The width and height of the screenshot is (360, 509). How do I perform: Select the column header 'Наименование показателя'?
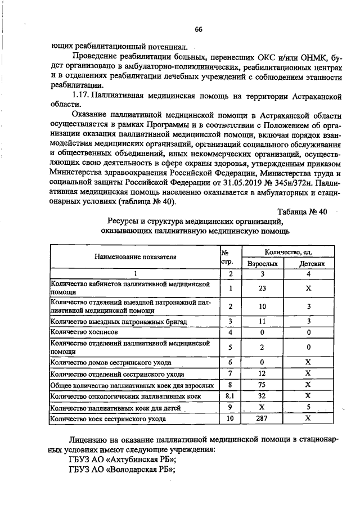click(x=135, y=256)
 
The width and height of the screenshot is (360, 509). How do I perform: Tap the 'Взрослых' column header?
click(x=262, y=263)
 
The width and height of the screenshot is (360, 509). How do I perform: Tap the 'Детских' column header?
click(x=308, y=263)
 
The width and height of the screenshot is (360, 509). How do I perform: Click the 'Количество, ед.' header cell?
click(x=285, y=251)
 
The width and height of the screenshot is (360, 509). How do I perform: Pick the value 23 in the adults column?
click(x=262, y=289)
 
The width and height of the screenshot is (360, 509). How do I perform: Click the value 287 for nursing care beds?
click(x=262, y=418)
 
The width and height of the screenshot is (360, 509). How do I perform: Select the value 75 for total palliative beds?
click(x=262, y=385)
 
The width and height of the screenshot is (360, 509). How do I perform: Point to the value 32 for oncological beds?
click(x=262, y=397)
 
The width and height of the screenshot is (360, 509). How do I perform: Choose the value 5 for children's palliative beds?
click(x=308, y=408)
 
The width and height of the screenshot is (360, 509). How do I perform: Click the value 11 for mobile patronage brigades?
click(x=262, y=321)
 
